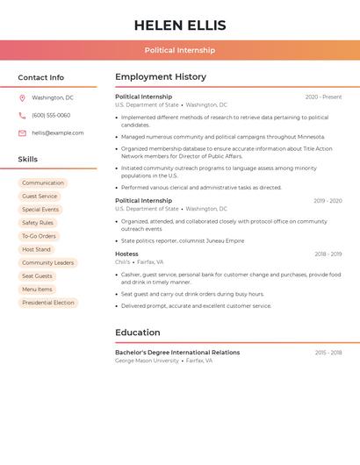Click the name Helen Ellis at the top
pyautogui.click(x=180, y=25)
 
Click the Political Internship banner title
pyautogui.click(x=180, y=50)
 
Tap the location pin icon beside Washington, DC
pyautogui.click(x=22, y=97)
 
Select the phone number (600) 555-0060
pyautogui.click(x=51, y=115)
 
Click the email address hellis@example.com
pyautogui.click(x=58, y=132)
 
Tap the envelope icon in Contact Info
pyautogui.click(x=22, y=133)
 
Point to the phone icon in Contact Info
pyautogui.click(x=22, y=115)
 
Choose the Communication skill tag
pyautogui.click(x=43, y=183)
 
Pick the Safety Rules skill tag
pyautogui.click(x=38, y=223)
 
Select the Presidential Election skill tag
pyautogui.click(x=48, y=303)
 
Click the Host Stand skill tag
pyautogui.click(x=37, y=249)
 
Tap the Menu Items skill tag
pyautogui.click(x=37, y=290)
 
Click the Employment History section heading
pyautogui.click(x=161, y=77)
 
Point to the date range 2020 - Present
pyautogui.click(x=323, y=97)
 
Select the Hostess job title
pyautogui.click(x=126, y=254)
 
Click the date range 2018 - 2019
pyautogui.click(x=328, y=254)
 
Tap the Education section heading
pyautogui.click(x=138, y=333)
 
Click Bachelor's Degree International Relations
pyautogui.click(x=177, y=353)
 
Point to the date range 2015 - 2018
pyautogui.click(x=328, y=353)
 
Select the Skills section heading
pyautogui.click(x=28, y=160)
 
